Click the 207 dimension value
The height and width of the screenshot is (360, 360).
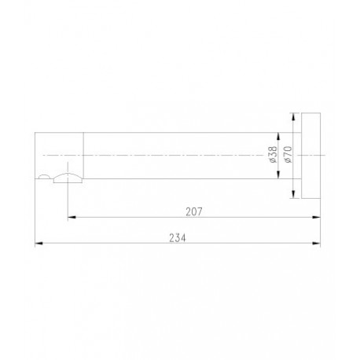tap(194, 211)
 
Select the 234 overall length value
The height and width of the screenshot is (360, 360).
tap(178, 238)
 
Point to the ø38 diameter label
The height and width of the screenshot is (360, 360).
tap(273, 154)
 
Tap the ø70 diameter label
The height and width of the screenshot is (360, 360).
tap(288, 154)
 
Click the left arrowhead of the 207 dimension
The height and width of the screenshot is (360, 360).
tap(72, 217)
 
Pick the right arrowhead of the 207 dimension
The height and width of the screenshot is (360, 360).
tap(317, 217)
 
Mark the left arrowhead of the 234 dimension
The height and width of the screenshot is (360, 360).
tap(39, 244)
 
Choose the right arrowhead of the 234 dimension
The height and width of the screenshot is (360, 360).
tap(317, 244)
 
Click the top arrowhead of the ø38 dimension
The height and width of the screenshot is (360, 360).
tap(278, 136)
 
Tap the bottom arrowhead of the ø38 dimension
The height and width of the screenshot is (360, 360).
tap(278, 175)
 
